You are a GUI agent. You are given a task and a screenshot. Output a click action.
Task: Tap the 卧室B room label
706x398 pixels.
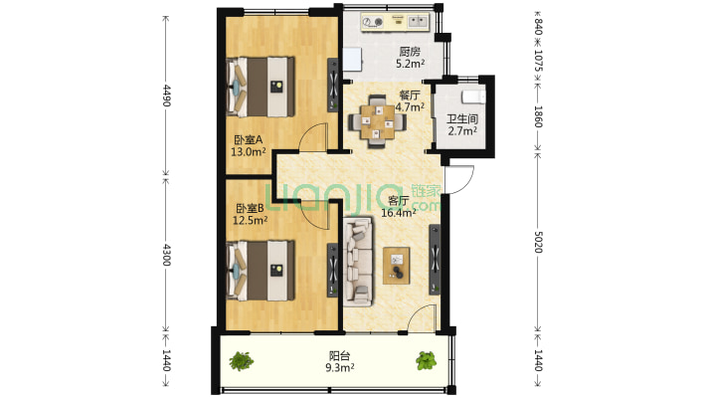pos(249,208)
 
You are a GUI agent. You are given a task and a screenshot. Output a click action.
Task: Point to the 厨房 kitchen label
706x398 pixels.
pos(410,52)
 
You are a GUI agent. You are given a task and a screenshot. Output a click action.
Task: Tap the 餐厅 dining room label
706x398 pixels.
pos(411,96)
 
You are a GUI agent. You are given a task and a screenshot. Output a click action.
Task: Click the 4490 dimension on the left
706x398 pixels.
pos(168,97)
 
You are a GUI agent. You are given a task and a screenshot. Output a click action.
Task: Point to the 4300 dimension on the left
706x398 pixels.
pos(168,254)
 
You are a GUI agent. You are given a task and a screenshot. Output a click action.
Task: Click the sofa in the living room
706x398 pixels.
pos(358,263)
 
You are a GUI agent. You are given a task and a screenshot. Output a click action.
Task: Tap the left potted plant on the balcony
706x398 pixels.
pos(240,360)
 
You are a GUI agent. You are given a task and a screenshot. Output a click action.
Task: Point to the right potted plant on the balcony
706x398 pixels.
pos(426,360)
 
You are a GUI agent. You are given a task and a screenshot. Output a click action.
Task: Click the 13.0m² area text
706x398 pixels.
pos(249,152)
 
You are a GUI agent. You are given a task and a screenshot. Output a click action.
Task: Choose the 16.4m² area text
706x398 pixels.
pos(401,212)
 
